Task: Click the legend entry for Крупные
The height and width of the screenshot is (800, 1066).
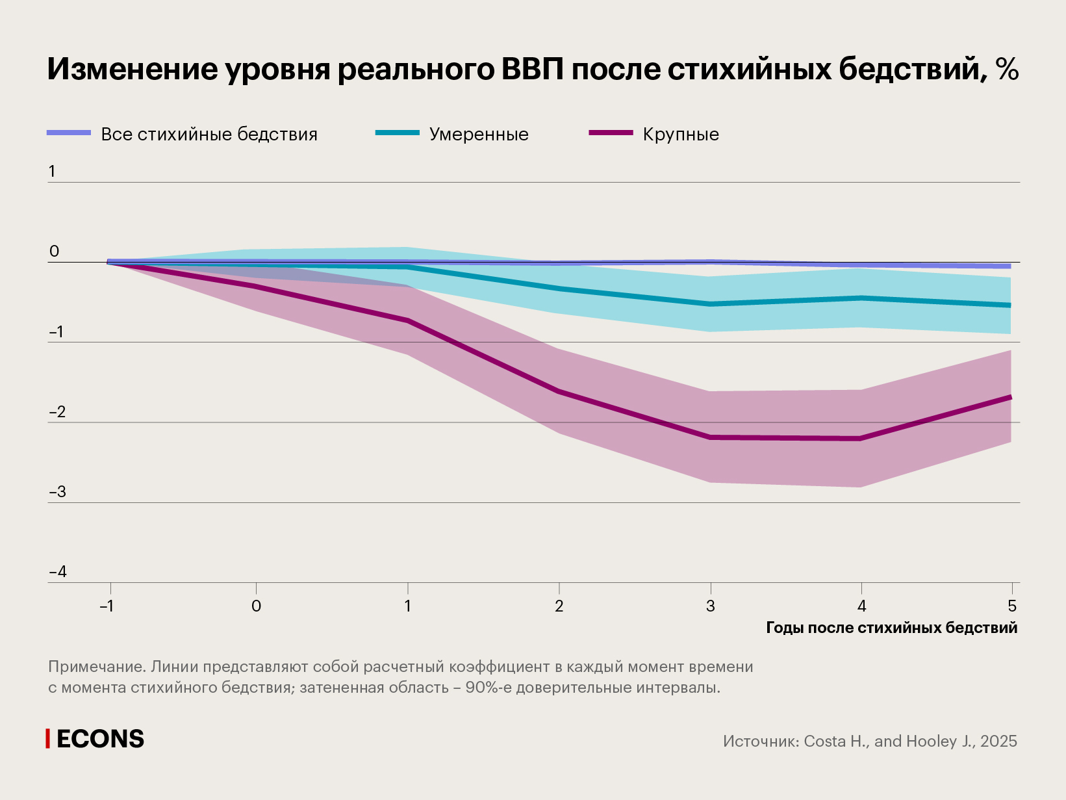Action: tap(680, 135)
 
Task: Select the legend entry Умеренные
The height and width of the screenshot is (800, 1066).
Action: tap(478, 135)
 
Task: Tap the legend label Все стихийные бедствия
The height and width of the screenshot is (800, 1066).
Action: tap(209, 135)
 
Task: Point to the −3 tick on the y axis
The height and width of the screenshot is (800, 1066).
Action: tap(58, 491)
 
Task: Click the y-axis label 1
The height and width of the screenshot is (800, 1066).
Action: tap(52, 172)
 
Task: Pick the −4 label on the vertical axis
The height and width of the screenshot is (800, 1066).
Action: tap(58, 572)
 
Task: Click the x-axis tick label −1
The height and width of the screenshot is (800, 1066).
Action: tap(107, 606)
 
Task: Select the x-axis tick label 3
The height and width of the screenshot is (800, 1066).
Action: tap(710, 606)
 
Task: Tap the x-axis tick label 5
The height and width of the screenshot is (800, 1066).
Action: tap(1011, 606)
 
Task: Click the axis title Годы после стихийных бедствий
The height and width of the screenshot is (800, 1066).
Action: tap(891, 628)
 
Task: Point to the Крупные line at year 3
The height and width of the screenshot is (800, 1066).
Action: tap(710, 437)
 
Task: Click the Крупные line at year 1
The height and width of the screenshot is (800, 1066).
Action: tap(408, 320)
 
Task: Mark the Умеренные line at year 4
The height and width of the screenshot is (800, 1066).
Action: tap(861, 298)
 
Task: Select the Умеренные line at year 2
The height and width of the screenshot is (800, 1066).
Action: tap(559, 289)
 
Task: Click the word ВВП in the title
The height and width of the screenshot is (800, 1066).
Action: tap(532, 69)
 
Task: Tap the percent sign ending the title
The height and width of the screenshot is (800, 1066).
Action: tap(1006, 69)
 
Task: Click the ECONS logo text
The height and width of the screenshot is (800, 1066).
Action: tap(100, 739)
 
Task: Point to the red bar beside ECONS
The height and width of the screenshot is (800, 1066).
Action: tap(47, 739)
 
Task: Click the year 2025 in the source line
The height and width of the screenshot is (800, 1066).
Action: tap(998, 742)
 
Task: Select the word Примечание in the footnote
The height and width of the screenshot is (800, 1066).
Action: tap(96, 667)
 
